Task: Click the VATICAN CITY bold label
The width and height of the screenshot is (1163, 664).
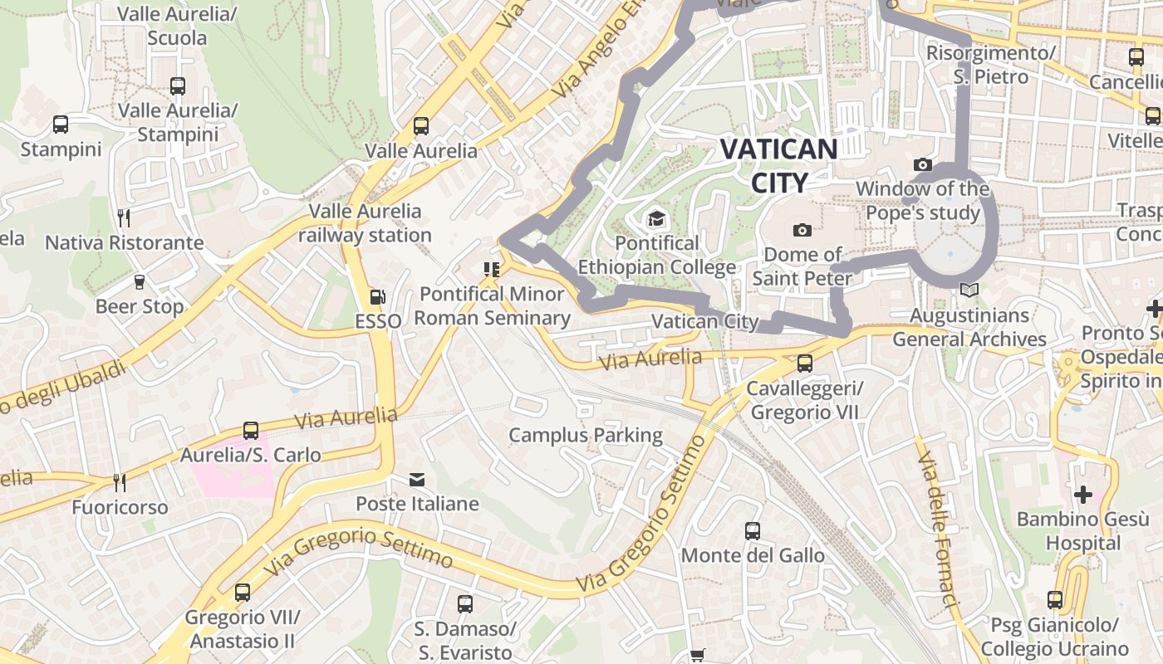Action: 778,165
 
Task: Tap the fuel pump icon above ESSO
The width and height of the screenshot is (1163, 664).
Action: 378,296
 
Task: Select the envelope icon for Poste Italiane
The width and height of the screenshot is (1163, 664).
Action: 417,479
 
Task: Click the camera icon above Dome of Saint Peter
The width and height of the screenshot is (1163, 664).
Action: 802,230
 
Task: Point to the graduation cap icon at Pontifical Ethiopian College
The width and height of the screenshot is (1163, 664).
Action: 656,219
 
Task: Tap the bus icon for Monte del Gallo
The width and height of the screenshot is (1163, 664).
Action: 753,530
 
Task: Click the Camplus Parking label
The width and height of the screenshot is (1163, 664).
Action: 586,435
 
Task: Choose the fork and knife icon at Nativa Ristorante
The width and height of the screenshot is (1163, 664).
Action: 124,218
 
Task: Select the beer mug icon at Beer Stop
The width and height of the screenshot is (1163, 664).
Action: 140,282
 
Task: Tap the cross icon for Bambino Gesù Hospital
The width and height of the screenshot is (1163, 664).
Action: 1082,495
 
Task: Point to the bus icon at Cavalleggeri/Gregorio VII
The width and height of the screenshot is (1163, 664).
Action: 804,363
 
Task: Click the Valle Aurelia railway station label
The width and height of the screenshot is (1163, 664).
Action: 366,223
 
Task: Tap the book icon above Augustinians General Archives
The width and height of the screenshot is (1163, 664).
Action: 968,290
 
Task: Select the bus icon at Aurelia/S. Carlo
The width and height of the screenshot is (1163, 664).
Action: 251,431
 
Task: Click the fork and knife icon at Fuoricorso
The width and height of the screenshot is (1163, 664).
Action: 120,482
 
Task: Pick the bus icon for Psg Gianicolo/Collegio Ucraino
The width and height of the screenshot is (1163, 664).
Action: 1055,599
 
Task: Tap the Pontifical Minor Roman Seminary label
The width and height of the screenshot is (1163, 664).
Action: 492,305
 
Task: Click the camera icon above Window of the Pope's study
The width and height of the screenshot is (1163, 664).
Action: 922,164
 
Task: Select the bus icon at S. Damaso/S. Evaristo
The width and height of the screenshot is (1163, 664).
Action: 465,604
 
